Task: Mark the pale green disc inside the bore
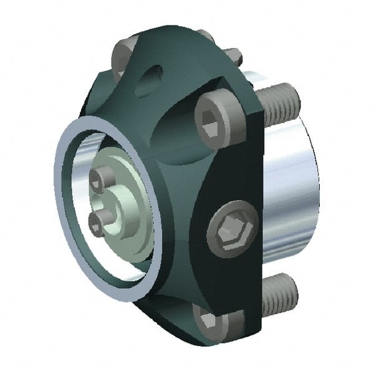128,206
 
